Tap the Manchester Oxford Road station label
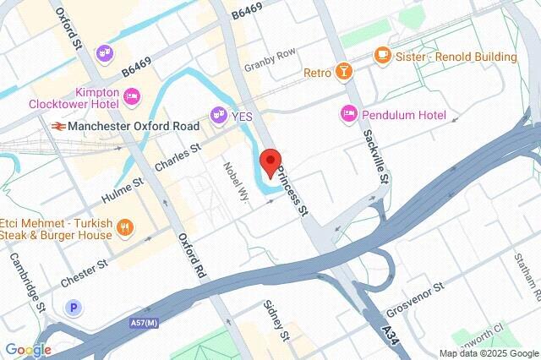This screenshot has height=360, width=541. click(x=134, y=126)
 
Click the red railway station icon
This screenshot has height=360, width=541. click(x=57, y=126)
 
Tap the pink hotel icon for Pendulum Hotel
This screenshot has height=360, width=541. click(x=347, y=113)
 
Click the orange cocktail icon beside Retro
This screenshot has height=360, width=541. click(x=344, y=73)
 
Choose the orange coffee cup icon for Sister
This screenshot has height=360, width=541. click(x=382, y=57)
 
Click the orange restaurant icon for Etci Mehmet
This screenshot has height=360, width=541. click(x=124, y=226)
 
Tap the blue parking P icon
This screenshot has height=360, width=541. click(x=75, y=306)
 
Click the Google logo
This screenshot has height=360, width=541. click(x=28, y=350)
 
